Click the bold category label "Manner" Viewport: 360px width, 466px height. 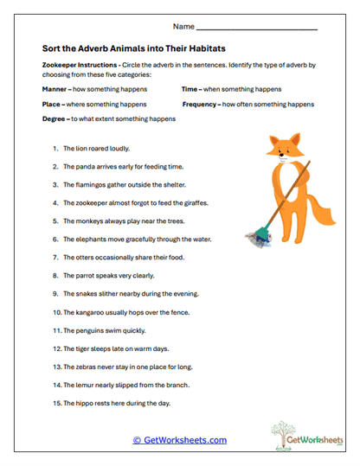pos(54,90)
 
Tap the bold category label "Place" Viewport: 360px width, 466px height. pos(50,104)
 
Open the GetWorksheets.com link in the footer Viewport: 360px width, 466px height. pos(180,440)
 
